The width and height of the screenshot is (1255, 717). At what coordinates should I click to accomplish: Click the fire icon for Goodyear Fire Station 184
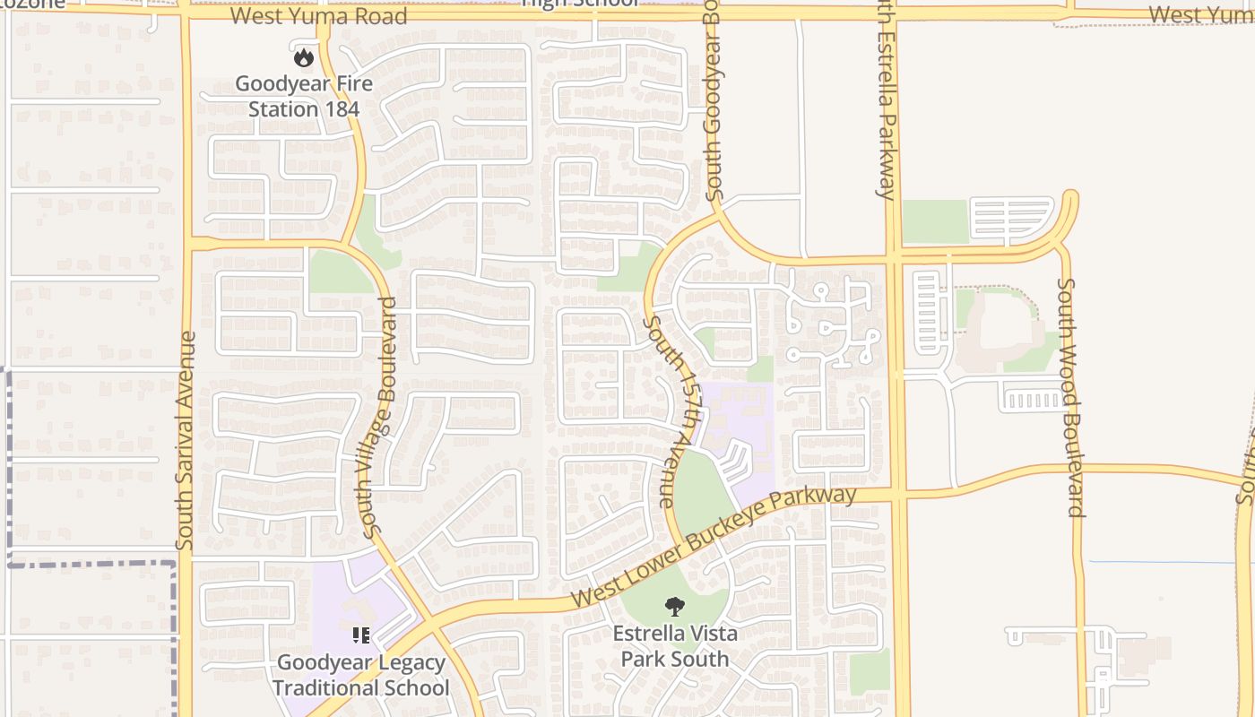[304, 57]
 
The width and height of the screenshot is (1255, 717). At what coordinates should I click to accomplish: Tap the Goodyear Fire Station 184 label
[303, 97]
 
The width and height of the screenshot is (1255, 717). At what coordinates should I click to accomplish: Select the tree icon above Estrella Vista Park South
[674, 607]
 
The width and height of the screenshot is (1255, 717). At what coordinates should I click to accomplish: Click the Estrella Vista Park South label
[675, 646]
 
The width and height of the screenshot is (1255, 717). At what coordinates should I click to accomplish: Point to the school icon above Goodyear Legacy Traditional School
[361, 636]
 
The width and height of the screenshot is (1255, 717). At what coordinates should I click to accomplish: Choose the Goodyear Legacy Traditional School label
[361, 676]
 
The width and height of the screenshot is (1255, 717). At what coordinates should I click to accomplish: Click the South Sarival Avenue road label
[186, 440]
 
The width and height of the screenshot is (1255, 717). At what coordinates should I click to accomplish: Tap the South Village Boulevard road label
[379, 418]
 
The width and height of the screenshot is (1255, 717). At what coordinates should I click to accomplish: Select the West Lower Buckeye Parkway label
[713, 547]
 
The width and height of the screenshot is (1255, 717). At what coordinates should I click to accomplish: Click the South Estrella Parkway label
[887, 99]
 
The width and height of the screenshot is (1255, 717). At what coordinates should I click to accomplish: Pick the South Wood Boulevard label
[1070, 397]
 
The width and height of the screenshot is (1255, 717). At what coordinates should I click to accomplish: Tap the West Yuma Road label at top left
[318, 16]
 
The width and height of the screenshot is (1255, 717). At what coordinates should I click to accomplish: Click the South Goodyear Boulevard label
[713, 99]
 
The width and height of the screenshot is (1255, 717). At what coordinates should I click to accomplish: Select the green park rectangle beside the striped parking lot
[934, 221]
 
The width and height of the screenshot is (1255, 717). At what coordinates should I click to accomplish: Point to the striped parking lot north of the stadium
[1010, 219]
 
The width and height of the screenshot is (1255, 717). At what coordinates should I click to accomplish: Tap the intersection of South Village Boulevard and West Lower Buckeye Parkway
[431, 624]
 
